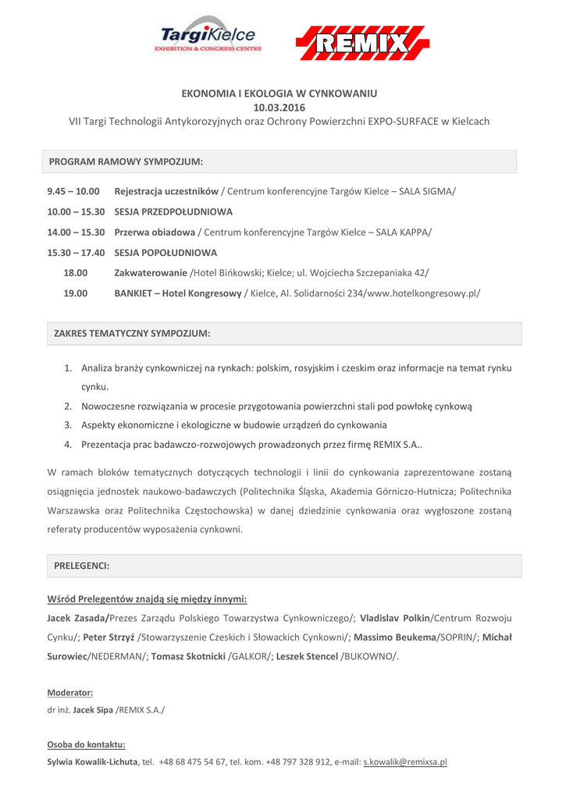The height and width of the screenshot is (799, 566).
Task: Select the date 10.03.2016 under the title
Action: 279,107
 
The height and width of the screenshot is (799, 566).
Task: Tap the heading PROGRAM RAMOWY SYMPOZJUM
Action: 126,162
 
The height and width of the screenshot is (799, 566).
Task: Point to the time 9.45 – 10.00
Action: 73,190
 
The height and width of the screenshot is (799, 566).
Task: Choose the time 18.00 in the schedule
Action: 75,273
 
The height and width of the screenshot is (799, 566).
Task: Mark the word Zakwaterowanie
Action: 151,273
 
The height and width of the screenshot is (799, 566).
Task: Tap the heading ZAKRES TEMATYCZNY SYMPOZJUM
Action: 132,333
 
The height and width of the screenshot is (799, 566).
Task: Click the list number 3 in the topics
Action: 68,424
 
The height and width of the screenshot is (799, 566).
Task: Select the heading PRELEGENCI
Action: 81,565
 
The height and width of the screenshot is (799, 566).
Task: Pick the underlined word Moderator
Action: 70,692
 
